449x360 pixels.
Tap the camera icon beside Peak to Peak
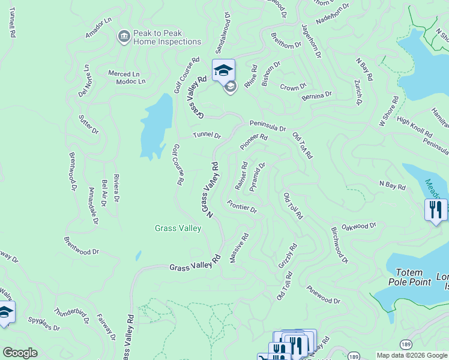pyautogui.click(x=124, y=37)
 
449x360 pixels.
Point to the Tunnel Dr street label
pyautogui.click(x=207, y=135)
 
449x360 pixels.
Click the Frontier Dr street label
pyautogui.click(x=242, y=206)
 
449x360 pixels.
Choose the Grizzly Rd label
pyautogui.click(x=288, y=256)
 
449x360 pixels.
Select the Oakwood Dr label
pyautogui.click(x=358, y=227)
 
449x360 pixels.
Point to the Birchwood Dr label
pyautogui.click(x=339, y=245)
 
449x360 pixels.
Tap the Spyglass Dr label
pyautogui.click(x=44, y=323)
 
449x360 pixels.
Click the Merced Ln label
pyautogui.click(x=124, y=74)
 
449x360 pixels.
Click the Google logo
pyautogui.click(x=20, y=353)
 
